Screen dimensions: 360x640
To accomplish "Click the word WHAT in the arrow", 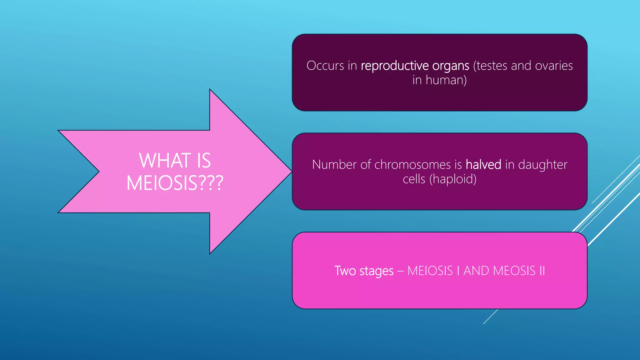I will [165, 161].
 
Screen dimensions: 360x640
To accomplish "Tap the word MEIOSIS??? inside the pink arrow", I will [175, 183].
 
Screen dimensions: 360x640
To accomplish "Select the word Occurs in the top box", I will [325, 66].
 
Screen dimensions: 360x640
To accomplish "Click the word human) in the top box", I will [446, 80].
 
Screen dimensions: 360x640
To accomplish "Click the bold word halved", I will [483, 165].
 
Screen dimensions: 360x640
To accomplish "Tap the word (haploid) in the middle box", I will [453, 180].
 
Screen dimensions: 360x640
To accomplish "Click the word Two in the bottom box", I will [345, 271].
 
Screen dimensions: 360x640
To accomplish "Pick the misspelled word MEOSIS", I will [514, 271].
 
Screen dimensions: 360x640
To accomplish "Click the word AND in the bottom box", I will [476, 271].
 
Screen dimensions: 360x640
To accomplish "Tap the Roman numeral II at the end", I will [542, 271].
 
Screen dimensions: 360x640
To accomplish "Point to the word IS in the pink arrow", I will [204, 161].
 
